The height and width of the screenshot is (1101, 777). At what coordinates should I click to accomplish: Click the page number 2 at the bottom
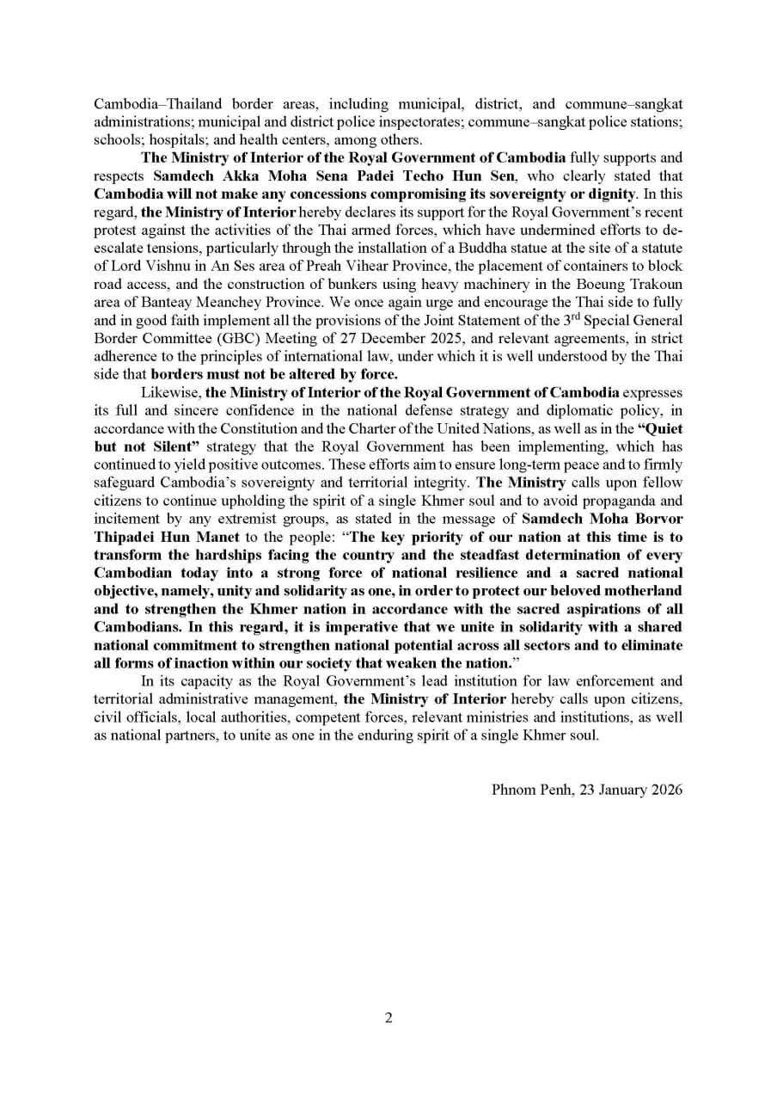point(388,1018)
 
